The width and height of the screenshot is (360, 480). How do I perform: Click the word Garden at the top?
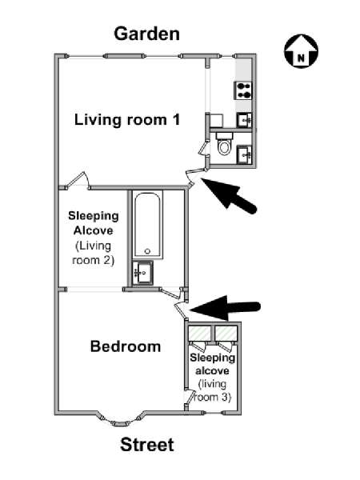pos(146,34)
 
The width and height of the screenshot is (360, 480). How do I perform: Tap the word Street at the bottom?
pos(147,445)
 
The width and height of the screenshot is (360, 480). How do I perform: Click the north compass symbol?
pos(302,51)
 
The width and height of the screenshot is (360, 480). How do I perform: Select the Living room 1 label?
pos(127,119)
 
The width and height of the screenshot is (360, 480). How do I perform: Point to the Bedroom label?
pos(126,346)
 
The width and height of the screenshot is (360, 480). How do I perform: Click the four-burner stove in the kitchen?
pos(243,90)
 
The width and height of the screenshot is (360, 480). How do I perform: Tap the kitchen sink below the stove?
pos(245,120)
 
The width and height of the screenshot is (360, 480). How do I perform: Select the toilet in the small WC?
pos(224,144)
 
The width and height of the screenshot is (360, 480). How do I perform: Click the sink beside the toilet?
pos(245,153)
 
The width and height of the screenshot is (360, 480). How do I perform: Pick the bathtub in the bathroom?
pos(147,225)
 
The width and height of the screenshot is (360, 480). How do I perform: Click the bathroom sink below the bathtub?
pos(142,272)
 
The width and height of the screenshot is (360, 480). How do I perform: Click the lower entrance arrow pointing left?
pos(226,308)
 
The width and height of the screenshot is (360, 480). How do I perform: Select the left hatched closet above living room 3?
pos(199,333)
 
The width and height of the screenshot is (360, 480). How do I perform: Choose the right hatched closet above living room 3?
pos(226,333)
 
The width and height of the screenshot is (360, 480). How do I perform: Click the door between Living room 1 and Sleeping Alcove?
pos(78,181)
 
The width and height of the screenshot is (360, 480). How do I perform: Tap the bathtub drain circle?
pos(147,251)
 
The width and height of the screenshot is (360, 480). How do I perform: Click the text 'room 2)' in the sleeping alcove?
pos(93,260)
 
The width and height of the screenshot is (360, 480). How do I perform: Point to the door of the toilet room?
pos(202,149)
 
